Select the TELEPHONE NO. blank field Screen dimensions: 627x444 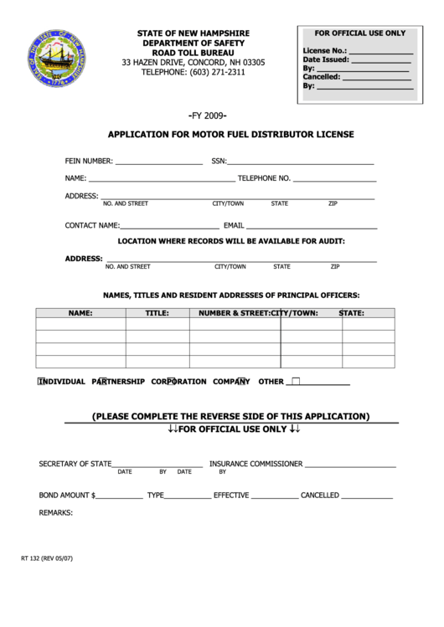tap(334, 178)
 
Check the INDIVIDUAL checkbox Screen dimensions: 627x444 tap(42, 381)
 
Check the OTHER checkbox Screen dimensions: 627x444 tap(295, 381)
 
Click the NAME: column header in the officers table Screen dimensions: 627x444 tap(80, 313)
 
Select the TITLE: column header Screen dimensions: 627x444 tap(157, 313)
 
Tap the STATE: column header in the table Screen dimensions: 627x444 tap(351, 313)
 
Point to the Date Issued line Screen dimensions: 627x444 tap(379, 59)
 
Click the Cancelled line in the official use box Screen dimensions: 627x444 tap(377, 77)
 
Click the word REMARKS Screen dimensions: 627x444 tap(56, 512)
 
